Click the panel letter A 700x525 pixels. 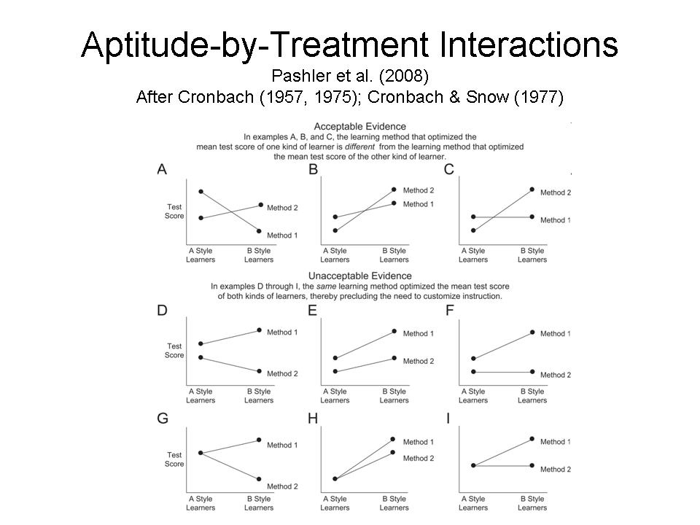click(162, 170)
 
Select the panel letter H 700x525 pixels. click(313, 419)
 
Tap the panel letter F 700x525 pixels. click(449, 310)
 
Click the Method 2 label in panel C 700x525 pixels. click(556, 192)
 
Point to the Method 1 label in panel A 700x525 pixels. click(282, 235)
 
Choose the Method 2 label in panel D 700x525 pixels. click(282, 374)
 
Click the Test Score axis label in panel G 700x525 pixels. click(174, 459)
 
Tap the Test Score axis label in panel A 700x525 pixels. click(174, 211)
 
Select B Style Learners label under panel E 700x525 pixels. click(394, 395)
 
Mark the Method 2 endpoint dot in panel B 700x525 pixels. click(394, 190)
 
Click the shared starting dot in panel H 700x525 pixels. click(335, 479)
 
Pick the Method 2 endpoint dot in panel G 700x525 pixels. click(259, 479)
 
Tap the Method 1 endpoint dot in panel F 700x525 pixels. click(532, 332)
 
